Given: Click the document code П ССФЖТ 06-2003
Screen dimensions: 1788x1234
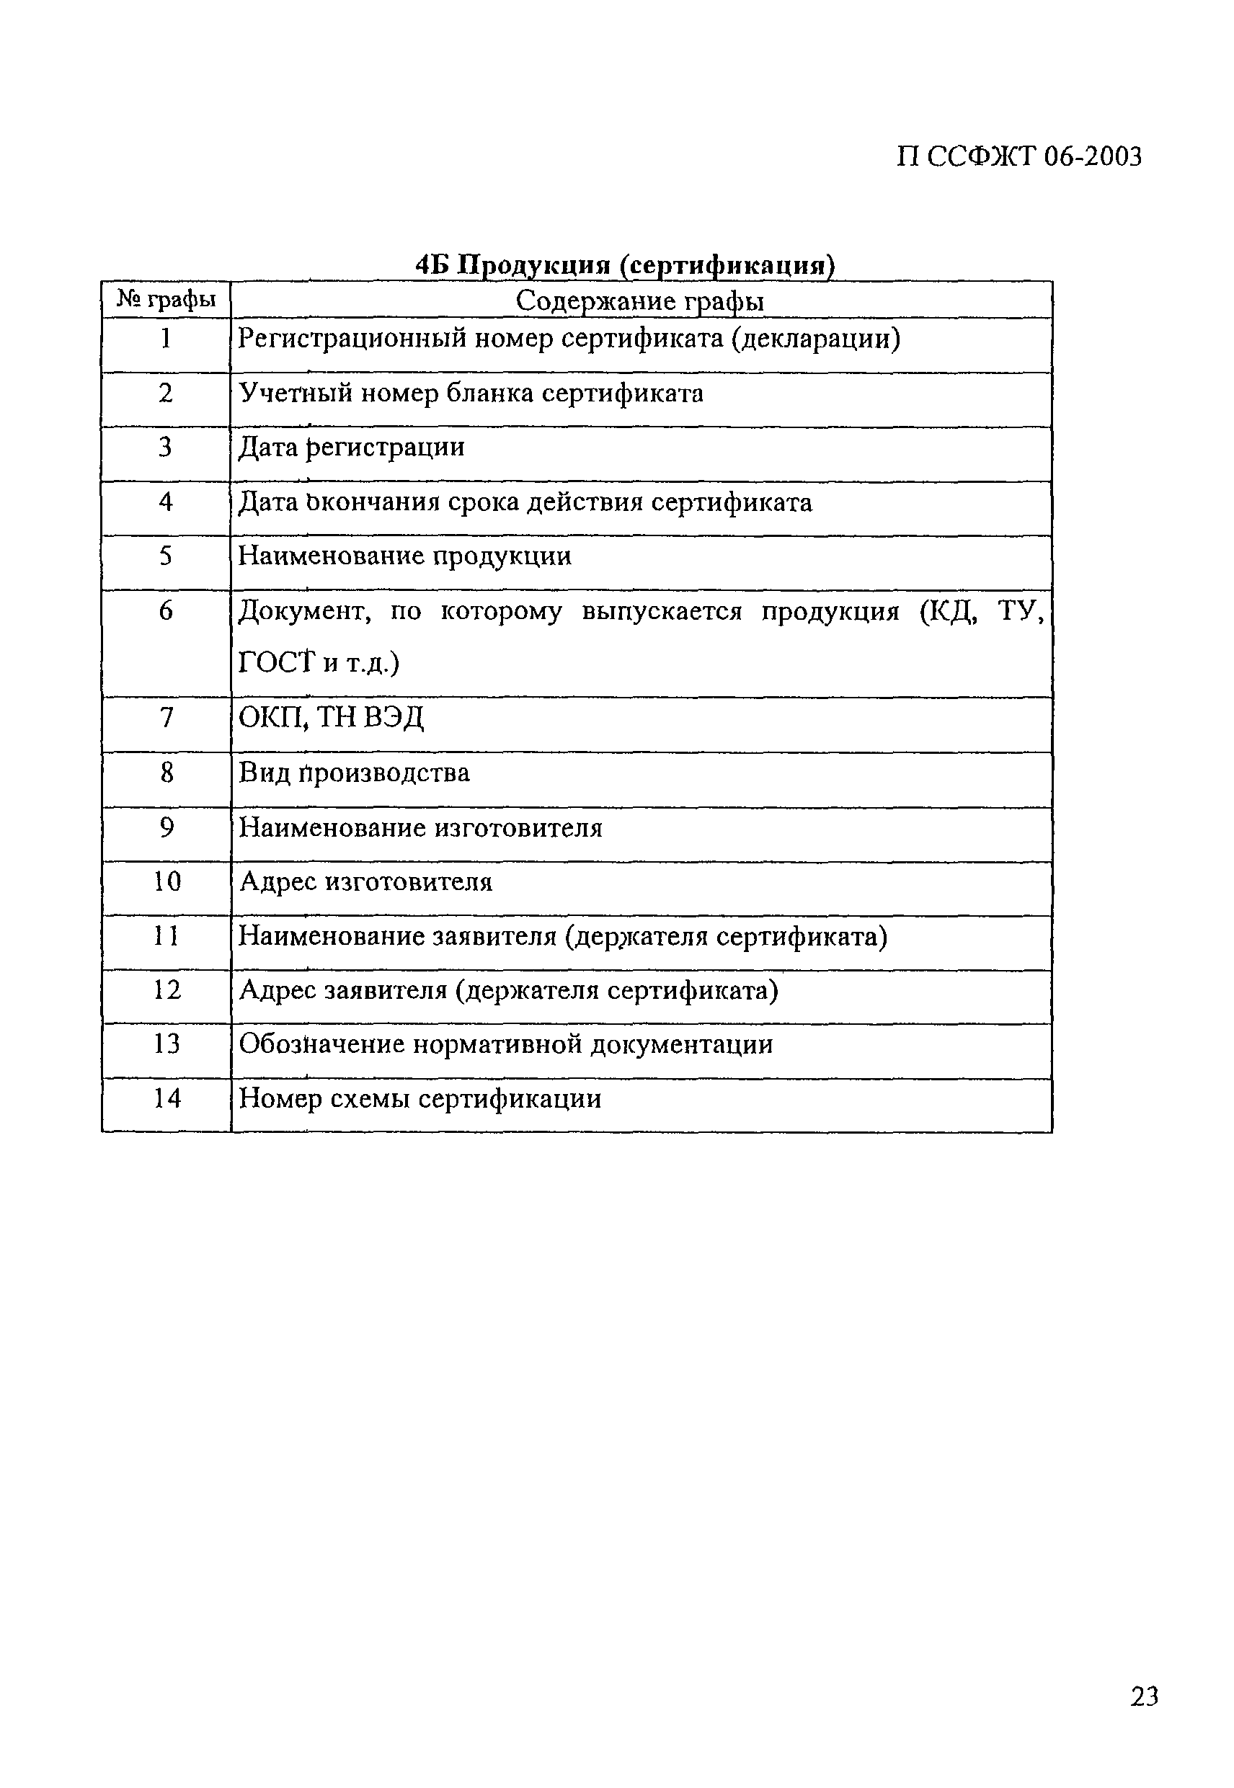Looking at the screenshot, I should pyautogui.click(x=1018, y=157).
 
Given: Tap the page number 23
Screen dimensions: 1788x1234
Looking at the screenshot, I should pyautogui.click(x=1145, y=1696).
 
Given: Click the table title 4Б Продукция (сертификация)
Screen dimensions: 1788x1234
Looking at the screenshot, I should pyautogui.click(x=625, y=265).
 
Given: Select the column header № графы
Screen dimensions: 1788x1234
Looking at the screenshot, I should pyautogui.click(x=166, y=299).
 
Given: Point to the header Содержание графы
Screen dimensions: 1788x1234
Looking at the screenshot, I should pyautogui.click(x=639, y=301).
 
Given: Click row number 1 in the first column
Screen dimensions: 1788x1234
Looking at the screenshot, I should pyautogui.click(x=166, y=339).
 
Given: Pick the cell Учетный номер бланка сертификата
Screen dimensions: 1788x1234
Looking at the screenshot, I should pyautogui.click(x=471, y=393).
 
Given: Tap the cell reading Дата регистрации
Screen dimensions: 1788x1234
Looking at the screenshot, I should pyautogui.click(x=352, y=448).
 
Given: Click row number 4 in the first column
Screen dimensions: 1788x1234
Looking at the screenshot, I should pyautogui.click(x=166, y=502).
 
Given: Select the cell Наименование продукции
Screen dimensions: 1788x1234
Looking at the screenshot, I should pyautogui.click(x=404, y=556).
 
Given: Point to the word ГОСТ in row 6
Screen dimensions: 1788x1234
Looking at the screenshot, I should pyautogui.click(x=277, y=663).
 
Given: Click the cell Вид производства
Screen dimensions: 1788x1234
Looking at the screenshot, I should pyautogui.click(x=354, y=773).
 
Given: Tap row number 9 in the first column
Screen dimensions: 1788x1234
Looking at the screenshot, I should pyautogui.click(x=166, y=828).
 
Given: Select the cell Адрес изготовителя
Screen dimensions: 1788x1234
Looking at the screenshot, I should pyautogui.click(x=365, y=882).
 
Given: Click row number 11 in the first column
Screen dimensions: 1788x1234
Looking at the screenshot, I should pyautogui.click(x=166, y=936).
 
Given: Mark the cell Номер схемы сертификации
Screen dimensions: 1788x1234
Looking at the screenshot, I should pyautogui.click(x=420, y=1099).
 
